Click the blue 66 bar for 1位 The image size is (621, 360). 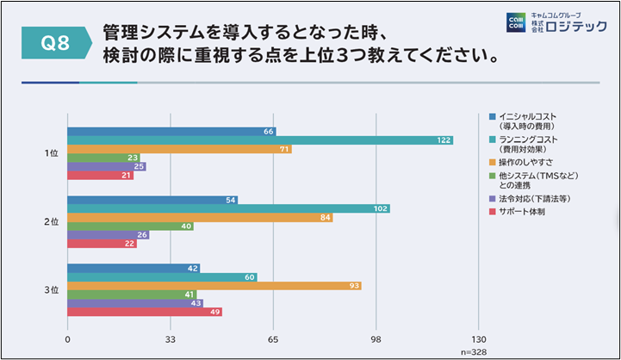point(171,131)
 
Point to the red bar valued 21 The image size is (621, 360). point(100,176)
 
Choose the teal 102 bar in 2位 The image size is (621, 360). point(228,208)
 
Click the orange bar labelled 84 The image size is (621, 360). point(200,217)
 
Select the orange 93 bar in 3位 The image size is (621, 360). point(214,285)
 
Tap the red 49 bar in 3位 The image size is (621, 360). point(145,312)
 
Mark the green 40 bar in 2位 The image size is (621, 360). point(130,227)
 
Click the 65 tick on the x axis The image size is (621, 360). point(273,340)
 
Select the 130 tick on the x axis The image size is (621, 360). point(480,340)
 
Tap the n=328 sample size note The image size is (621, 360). point(472,351)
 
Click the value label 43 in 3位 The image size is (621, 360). point(196,302)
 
